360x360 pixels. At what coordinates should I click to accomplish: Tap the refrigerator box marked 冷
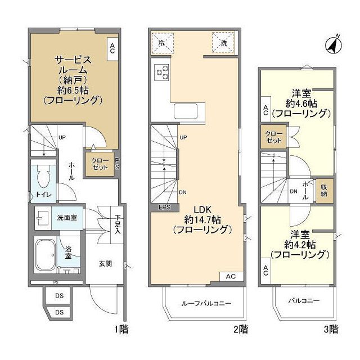click(x=162, y=41)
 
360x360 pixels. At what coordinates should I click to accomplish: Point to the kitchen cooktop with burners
click(x=162, y=73)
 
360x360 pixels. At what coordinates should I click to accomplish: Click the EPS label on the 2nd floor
click(x=164, y=208)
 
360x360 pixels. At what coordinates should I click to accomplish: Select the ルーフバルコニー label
click(x=206, y=304)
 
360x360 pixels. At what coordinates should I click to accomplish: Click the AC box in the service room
click(x=112, y=48)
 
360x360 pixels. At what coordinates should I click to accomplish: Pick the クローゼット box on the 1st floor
click(x=100, y=164)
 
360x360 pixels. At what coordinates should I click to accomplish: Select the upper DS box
click(x=58, y=296)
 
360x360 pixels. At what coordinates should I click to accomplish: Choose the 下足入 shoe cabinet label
click(x=117, y=224)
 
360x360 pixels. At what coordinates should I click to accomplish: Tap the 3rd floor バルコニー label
click(x=304, y=301)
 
